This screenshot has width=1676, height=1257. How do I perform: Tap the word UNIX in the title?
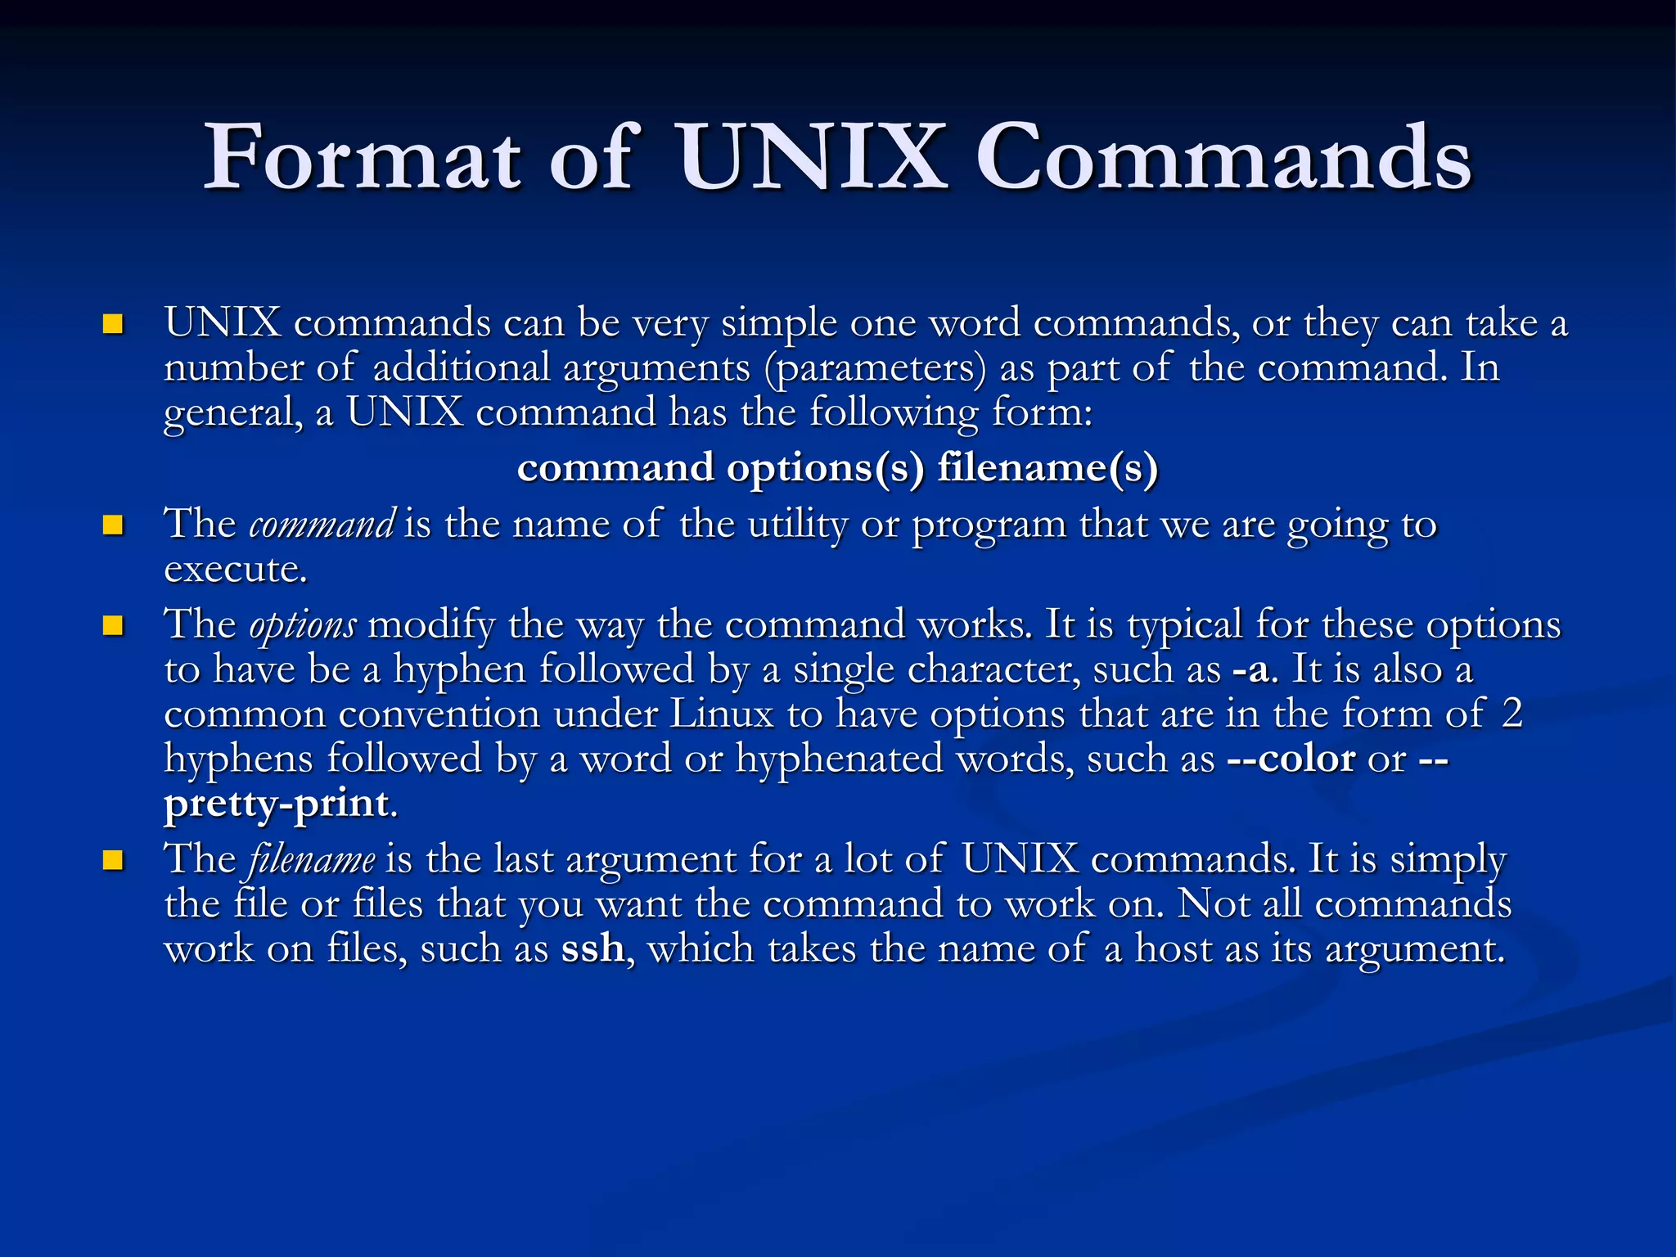coord(810,156)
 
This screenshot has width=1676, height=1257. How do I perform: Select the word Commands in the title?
coord(1223,156)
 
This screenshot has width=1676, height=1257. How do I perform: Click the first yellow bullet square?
coord(112,325)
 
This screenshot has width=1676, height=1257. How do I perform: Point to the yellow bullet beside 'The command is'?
coord(112,525)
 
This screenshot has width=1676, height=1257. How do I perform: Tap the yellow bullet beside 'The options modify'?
coord(112,626)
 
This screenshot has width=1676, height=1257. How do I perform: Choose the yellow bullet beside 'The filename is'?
coord(112,860)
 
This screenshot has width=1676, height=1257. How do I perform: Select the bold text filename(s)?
coord(1047,468)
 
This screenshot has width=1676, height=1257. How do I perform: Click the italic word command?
coord(322,525)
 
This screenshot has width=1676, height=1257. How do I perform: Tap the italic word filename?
coord(312,859)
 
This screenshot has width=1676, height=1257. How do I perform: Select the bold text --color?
coord(1291,759)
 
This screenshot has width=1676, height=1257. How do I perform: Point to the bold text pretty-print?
coord(277,804)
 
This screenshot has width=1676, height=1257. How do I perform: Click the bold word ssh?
coord(592,948)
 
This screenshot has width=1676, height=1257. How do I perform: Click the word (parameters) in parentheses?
coord(875,368)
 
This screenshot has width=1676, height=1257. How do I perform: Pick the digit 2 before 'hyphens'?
coord(1512,714)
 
